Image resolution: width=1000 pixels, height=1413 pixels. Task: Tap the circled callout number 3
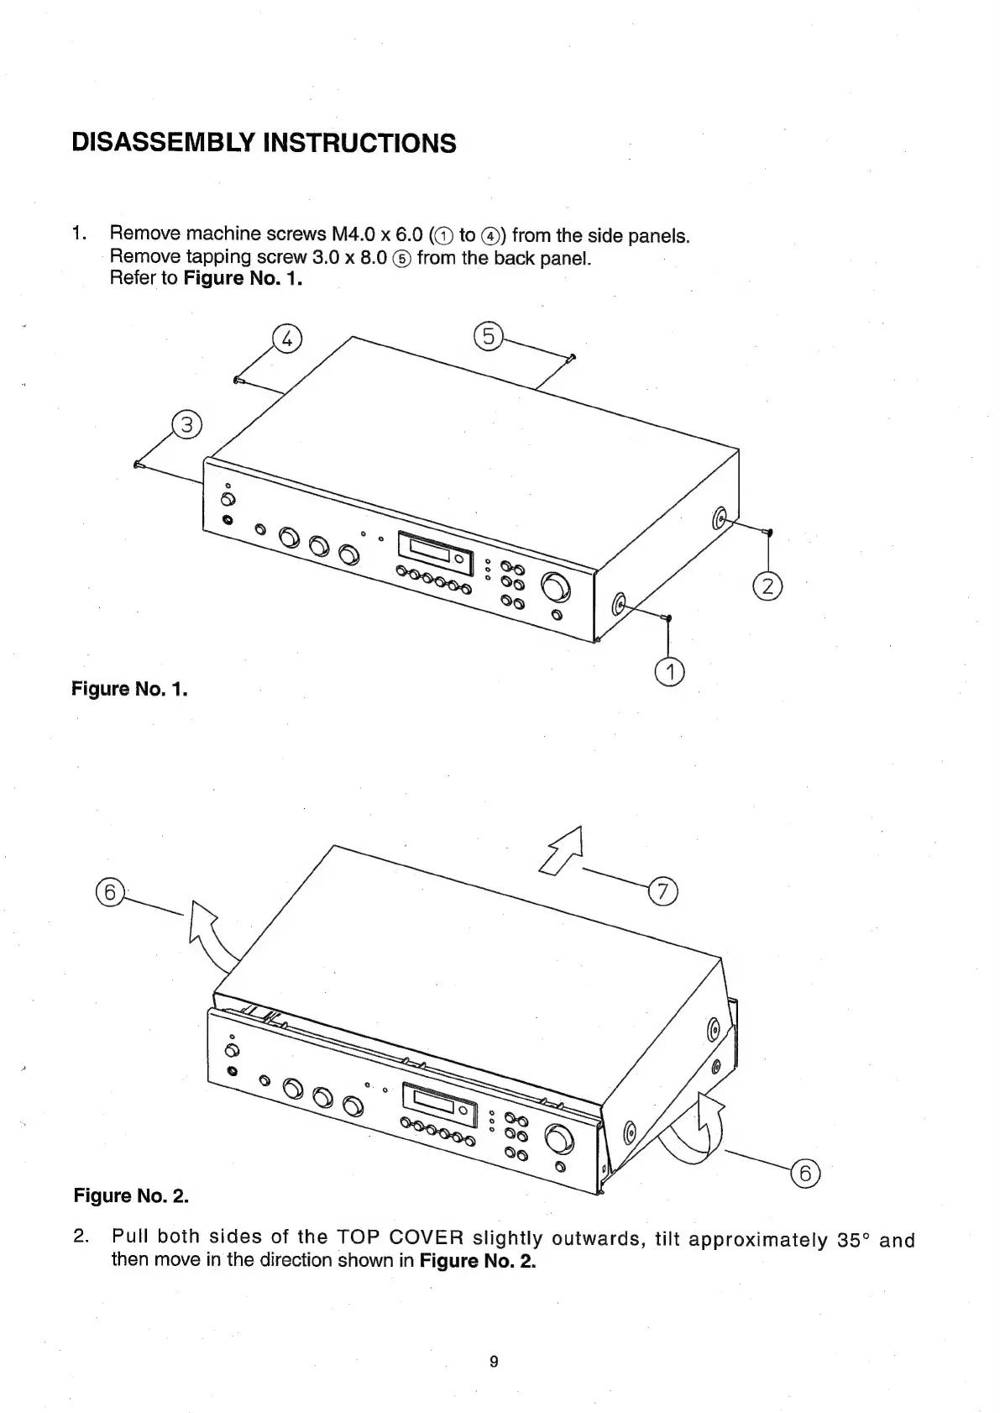pyautogui.click(x=186, y=425)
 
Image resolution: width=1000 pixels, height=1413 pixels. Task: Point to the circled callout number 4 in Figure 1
pyautogui.click(x=286, y=339)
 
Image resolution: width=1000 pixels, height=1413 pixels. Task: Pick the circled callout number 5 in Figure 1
pyautogui.click(x=487, y=337)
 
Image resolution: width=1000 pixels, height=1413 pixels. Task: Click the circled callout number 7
pyautogui.click(x=662, y=892)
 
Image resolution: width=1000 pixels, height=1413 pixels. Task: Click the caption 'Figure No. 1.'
pyautogui.click(x=129, y=690)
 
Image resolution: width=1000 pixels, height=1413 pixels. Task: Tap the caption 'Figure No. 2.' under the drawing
pyautogui.click(x=131, y=1195)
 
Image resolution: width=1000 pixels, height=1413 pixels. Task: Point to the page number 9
pyautogui.click(x=494, y=1362)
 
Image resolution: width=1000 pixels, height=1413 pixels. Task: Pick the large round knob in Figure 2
pyautogui.click(x=560, y=1139)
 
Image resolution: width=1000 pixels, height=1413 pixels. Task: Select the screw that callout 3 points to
pyautogui.click(x=139, y=464)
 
